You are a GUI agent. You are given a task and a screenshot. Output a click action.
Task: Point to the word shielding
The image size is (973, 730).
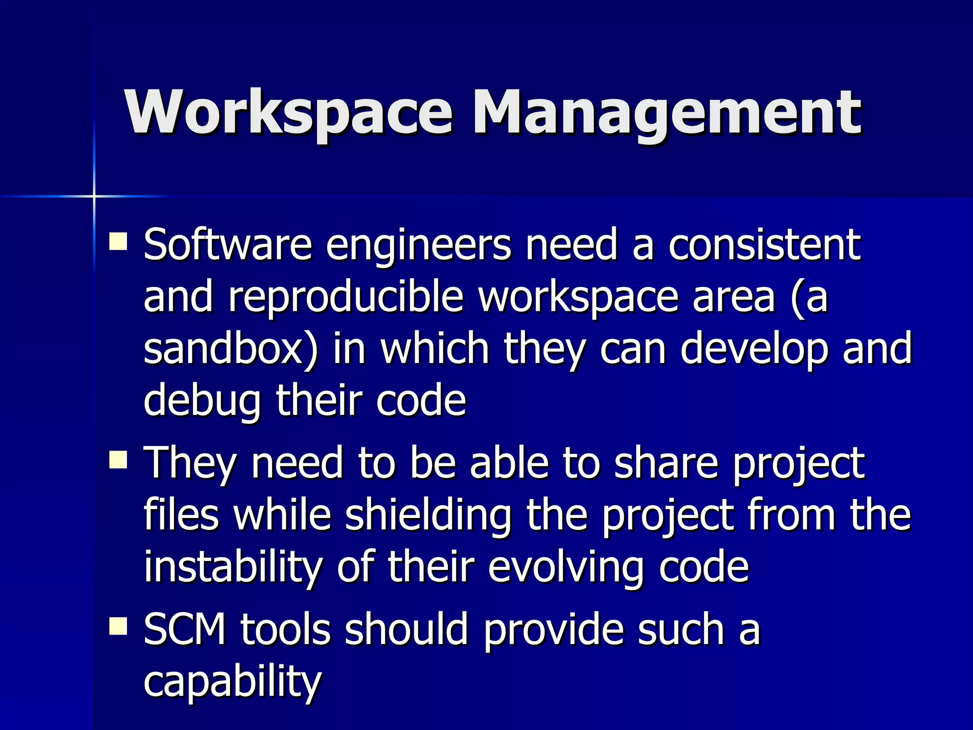[x=428, y=517]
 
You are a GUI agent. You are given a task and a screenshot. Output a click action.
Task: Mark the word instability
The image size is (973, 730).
[x=233, y=567]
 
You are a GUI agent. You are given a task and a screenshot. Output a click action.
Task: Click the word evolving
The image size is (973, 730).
[x=565, y=568]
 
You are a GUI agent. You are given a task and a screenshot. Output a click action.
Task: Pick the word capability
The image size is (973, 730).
[x=233, y=682]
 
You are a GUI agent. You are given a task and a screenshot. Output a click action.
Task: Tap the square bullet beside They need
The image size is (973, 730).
[x=118, y=460]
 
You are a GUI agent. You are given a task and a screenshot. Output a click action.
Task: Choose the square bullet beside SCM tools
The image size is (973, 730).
[x=118, y=626]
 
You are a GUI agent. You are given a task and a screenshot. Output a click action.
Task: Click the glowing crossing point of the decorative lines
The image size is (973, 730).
[x=94, y=196]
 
